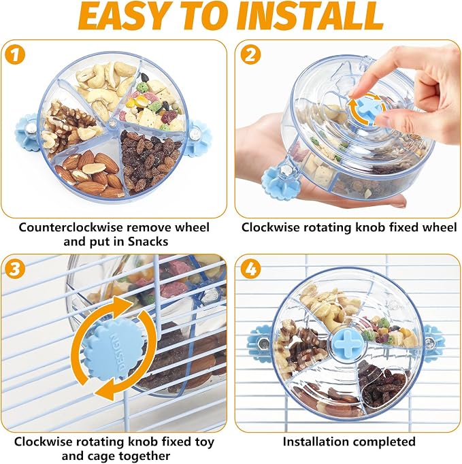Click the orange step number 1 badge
pyautogui.click(x=15, y=55)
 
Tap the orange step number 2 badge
pyautogui.click(x=250, y=54)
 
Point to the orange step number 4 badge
pyautogui.click(x=250, y=269)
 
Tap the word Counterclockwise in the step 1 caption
pyautogui.click(x=71, y=227)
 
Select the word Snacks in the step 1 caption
pyautogui.click(x=148, y=242)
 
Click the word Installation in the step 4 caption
pyautogui.click(x=320, y=442)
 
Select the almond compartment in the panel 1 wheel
pyautogui.click(x=91, y=172)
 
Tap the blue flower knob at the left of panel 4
pyautogui.click(x=259, y=344)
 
